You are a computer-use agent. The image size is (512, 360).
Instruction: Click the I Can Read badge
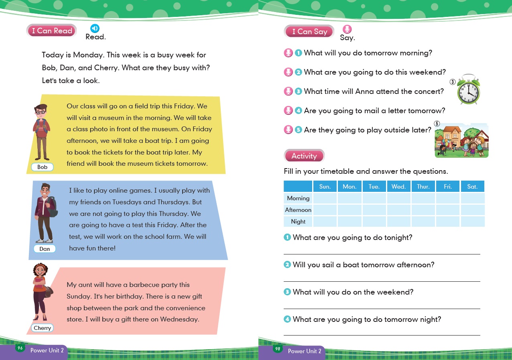[52, 31]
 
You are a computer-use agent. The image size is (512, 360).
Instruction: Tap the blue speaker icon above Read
[95, 28]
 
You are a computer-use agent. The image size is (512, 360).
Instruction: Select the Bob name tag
[42, 167]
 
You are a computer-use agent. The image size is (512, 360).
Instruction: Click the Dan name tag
[45, 249]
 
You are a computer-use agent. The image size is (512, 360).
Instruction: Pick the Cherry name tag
[42, 328]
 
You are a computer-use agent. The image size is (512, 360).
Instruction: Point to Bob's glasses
[40, 112]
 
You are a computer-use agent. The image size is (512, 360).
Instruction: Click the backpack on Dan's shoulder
[53, 206]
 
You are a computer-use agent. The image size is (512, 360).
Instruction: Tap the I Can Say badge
[309, 32]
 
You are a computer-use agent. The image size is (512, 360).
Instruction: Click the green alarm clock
[469, 89]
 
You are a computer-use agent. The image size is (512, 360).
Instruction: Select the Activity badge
[304, 156]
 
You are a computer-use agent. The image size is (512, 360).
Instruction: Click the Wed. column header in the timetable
[398, 187]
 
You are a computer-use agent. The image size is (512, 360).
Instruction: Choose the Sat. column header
[472, 187]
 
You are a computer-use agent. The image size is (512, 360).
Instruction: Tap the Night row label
[298, 222]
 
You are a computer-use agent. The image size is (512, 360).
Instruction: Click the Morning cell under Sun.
[325, 198]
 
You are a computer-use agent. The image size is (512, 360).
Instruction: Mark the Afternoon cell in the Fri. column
[448, 210]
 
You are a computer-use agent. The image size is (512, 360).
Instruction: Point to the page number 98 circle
[278, 349]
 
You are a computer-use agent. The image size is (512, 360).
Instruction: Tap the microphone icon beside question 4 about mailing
[288, 111]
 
